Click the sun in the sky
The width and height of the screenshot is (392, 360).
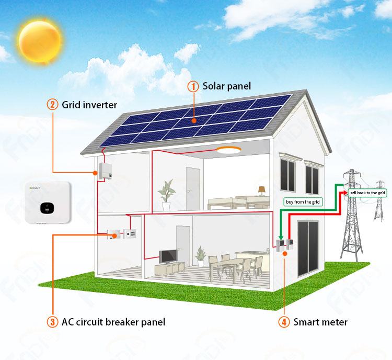[40, 41]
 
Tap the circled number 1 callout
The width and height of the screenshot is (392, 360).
[193, 86]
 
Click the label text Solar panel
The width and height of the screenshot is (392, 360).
[226, 86]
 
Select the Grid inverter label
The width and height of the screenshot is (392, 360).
[89, 105]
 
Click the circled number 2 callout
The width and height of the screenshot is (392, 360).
[52, 105]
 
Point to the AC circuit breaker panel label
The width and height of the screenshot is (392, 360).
[113, 322]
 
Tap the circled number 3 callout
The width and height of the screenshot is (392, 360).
[52, 322]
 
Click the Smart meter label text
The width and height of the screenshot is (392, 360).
[320, 322]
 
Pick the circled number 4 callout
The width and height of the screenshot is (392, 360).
[284, 322]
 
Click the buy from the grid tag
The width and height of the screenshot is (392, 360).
[303, 202]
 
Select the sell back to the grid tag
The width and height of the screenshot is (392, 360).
[367, 193]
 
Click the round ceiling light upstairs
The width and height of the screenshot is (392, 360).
[229, 150]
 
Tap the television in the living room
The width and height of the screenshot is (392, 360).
[168, 256]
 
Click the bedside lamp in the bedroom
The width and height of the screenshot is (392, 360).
[262, 190]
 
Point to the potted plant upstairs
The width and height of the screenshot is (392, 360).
[166, 195]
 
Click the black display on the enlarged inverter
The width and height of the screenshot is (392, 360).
[47, 208]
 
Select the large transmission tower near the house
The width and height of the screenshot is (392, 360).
[352, 215]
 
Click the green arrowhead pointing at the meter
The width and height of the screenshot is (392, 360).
[281, 238]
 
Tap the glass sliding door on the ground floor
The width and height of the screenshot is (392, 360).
[308, 249]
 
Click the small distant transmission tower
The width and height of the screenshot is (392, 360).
[379, 201]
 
